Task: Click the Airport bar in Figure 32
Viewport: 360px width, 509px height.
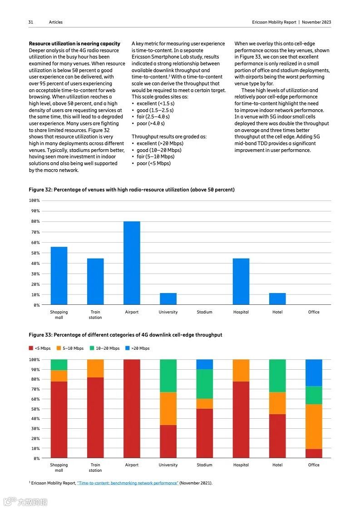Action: point(132,263)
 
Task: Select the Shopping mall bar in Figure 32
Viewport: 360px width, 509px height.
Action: point(59,276)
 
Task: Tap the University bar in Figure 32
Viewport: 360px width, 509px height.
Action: point(168,299)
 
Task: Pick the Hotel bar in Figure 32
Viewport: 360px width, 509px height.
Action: point(277,299)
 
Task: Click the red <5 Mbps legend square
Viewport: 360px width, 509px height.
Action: point(31,348)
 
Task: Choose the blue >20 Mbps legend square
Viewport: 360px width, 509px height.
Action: point(128,348)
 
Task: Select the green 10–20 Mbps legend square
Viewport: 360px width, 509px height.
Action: point(92,348)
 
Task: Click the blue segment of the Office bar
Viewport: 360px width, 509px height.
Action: point(314,373)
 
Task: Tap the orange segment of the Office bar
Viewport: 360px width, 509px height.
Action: point(314,426)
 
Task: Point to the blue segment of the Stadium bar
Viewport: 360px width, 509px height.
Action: point(205,364)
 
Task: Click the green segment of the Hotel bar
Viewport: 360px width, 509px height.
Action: point(277,376)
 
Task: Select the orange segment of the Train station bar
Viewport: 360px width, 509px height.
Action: point(95,368)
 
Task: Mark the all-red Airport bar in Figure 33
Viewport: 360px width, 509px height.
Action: point(132,408)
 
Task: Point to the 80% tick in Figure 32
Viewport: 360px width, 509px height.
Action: point(35,221)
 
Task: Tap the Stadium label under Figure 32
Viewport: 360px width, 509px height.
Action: point(205,312)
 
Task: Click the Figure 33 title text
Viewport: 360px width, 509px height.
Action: point(125,335)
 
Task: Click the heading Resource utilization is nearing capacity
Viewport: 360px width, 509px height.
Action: point(74,44)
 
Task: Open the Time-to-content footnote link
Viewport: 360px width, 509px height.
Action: point(128,483)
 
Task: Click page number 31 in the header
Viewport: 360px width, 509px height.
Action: point(31,22)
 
